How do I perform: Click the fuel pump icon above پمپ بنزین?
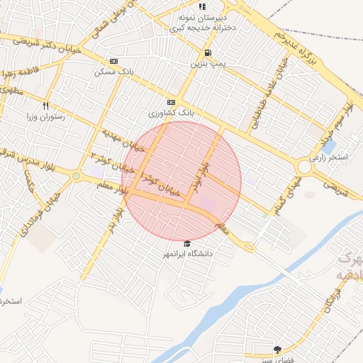click(206, 53)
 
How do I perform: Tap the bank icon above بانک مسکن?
click(113, 62)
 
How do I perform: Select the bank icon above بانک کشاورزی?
click(171, 102)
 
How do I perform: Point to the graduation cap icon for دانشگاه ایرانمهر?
click(187, 243)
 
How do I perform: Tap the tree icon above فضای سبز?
click(277, 349)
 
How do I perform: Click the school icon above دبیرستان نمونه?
click(203, 6)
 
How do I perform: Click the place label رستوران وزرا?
click(46, 116)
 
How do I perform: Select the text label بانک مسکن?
click(113, 72)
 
